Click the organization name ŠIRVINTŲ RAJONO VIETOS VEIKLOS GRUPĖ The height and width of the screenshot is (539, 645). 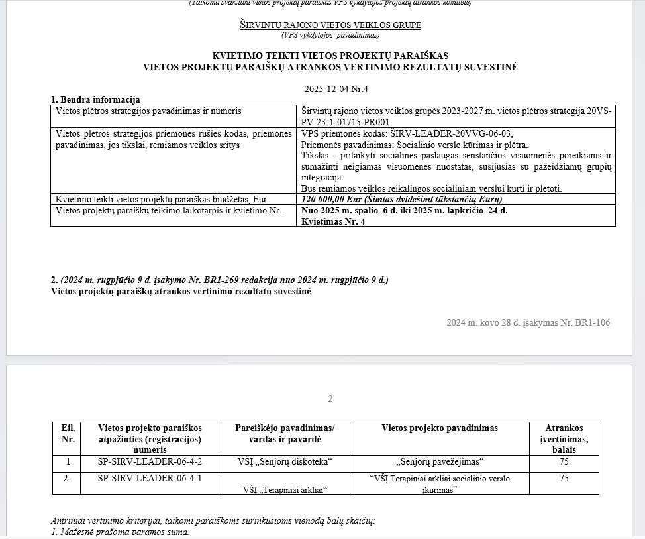click(x=330, y=25)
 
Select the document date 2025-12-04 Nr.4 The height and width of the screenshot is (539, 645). click(x=336, y=89)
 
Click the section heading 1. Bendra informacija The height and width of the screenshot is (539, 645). click(x=95, y=100)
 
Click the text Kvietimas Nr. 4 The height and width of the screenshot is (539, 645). click(x=333, y=221)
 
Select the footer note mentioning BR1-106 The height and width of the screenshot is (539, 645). click(x=528, y=323)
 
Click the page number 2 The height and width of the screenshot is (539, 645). click(x=330, y=398)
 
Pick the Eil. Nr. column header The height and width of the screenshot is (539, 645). click(x=67, y=434)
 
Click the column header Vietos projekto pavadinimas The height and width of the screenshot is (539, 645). click(x=440, y=428)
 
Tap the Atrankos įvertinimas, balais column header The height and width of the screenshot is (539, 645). click(x=564, y=439)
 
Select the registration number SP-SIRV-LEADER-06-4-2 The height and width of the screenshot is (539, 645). click(x=150, y=462)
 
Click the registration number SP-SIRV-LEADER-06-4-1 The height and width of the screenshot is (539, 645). click(x=150, y=478)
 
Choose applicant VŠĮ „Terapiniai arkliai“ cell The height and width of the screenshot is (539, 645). click(x=285, y=489)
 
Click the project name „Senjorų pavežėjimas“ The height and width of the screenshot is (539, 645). click(x=440, y=462)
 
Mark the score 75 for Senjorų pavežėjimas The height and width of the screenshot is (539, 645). click(x=564, y=462)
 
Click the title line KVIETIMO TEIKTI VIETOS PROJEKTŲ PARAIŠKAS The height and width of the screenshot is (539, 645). click(x=330, y=56)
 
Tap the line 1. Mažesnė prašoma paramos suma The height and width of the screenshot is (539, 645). click(x=120, y=532)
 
